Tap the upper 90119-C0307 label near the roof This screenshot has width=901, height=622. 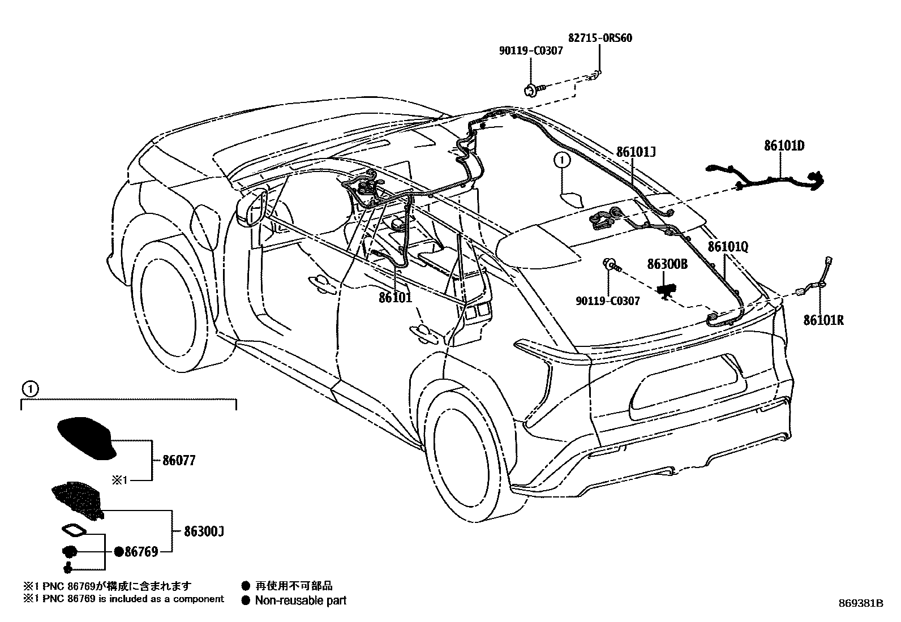point(531,51)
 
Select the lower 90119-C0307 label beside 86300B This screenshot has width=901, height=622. point(608,301)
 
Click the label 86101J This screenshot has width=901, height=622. point(636,152)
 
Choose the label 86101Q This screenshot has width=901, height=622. point(727,247)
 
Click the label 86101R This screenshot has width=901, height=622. point(823,320)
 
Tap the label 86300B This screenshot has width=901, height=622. point(667,264)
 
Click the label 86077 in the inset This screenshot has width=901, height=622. point(178,461)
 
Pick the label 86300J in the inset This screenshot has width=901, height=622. point(204,532)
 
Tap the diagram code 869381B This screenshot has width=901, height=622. point(861,603)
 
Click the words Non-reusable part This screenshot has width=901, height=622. point(301,600)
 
